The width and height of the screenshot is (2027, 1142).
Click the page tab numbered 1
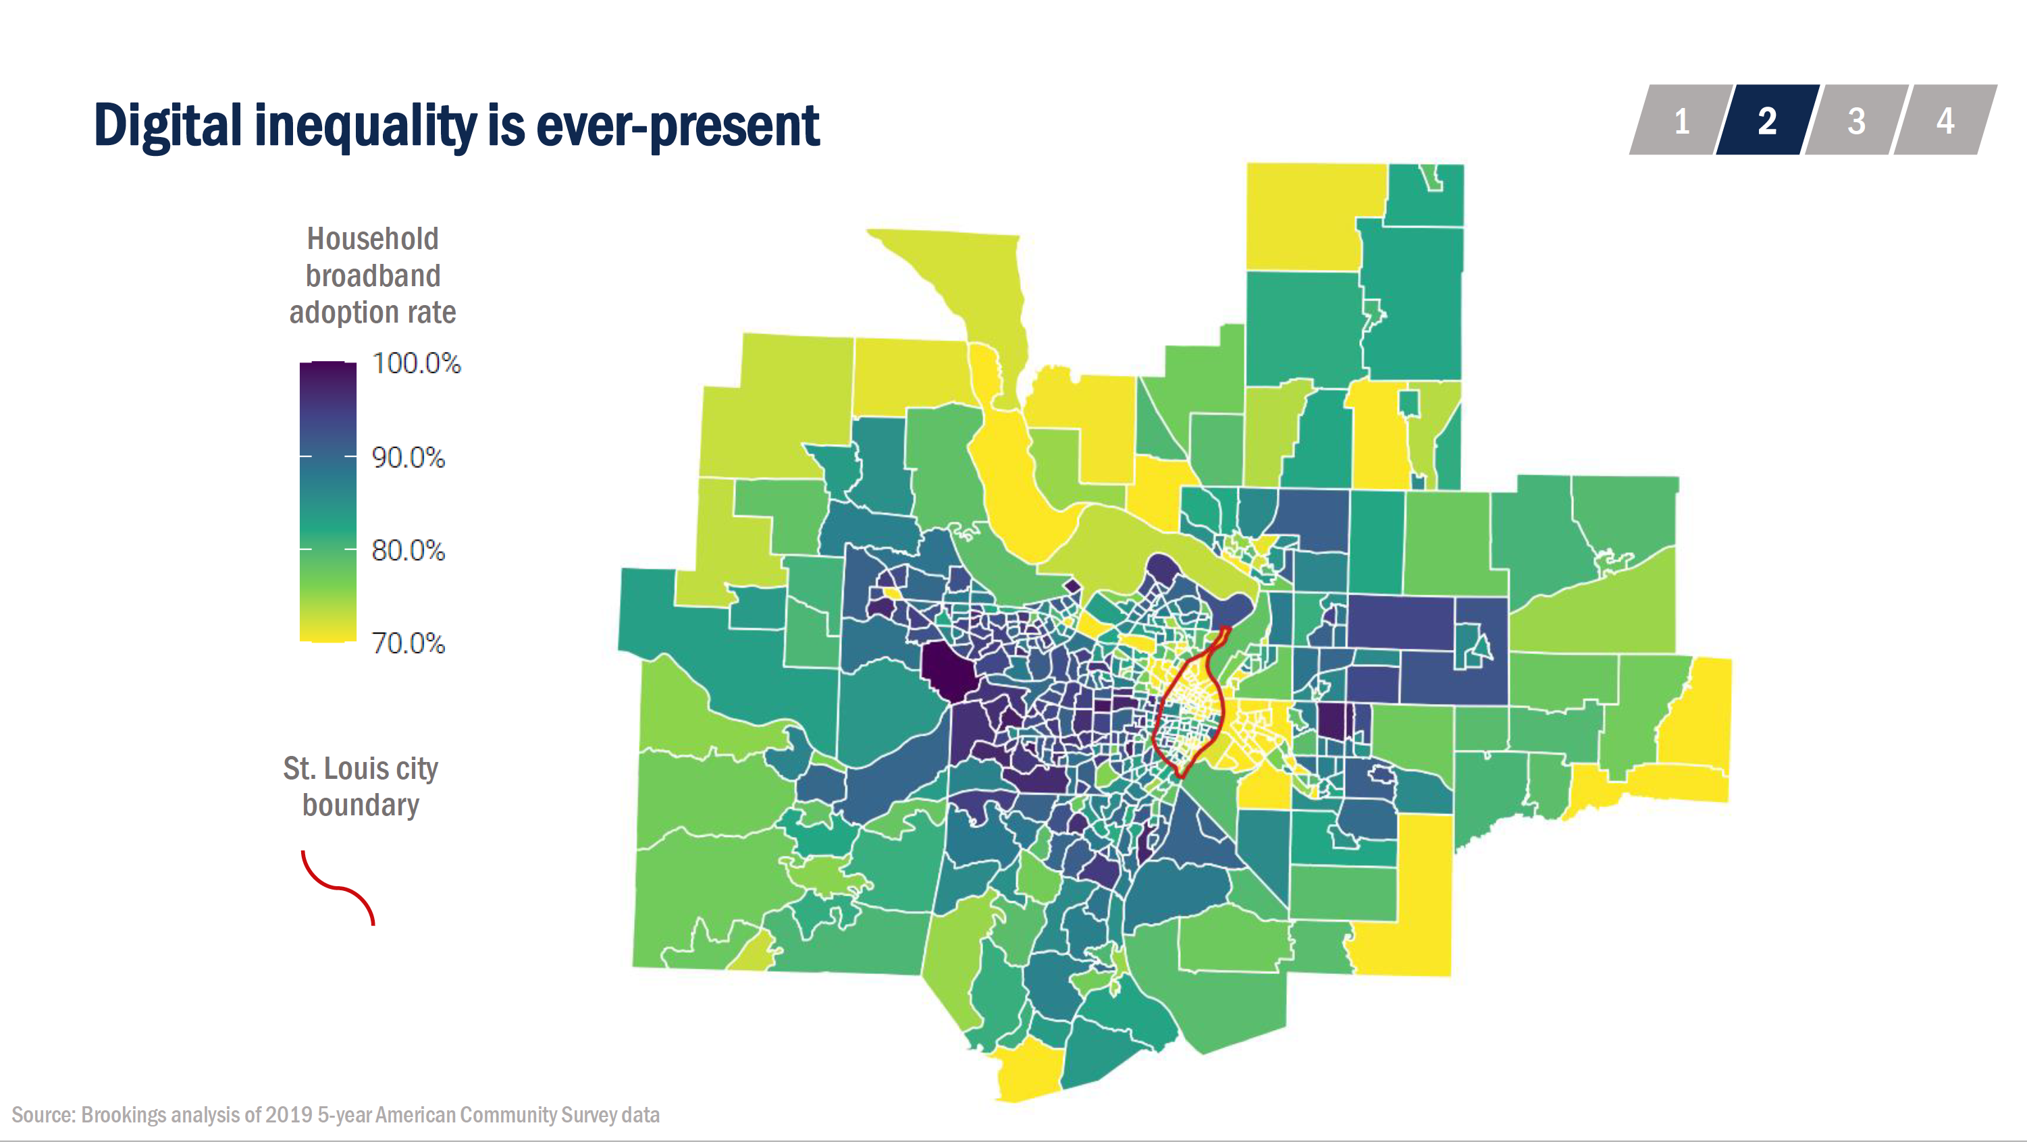[x=1681, y=120]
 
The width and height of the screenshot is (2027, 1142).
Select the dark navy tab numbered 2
[x=1767, y=120]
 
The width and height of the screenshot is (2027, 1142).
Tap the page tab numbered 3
[x=1856, y=120]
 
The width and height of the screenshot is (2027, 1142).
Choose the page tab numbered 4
[x=1945, y=120]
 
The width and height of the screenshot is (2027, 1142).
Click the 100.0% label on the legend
[x=416, y=363]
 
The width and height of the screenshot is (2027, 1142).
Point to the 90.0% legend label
[x=409, y=457]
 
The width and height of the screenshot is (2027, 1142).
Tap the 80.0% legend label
[x=409, y=551]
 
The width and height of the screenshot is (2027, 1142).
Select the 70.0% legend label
[x=409, y=643]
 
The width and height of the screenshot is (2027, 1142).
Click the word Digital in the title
[x=167, y=126]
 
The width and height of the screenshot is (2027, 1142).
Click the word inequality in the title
[x=366, y=126]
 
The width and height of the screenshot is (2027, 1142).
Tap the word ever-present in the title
[x=677, y=126]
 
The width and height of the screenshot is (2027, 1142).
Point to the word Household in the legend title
[x=372, y=238]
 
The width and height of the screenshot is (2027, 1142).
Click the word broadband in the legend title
[x=372, y=275]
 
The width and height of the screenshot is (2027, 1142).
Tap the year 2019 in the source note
[x=289, y=1114]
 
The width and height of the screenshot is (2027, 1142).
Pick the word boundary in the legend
[x=361, y=805]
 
